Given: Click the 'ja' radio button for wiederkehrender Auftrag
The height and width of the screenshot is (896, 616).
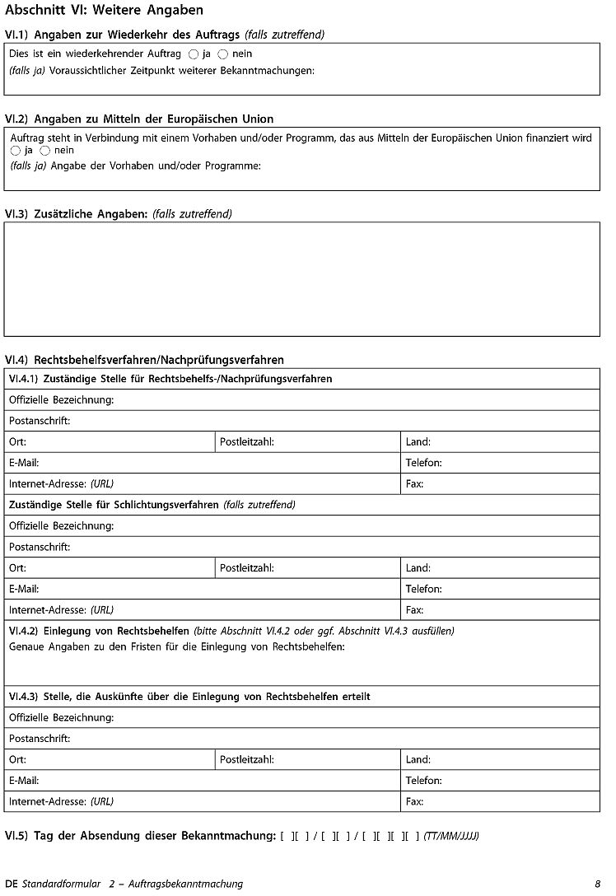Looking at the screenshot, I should click(x=194, y=54).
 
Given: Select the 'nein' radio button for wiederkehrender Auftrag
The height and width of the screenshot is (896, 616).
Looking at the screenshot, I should click(x=222, y=54).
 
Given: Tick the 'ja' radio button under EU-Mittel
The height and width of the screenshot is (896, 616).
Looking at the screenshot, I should click(x=16, y=152).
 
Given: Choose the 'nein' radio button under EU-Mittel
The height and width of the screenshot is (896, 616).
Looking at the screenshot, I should click(x=44, y=152).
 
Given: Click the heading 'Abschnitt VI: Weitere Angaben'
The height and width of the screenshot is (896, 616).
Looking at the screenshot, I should click(x=104, y=11).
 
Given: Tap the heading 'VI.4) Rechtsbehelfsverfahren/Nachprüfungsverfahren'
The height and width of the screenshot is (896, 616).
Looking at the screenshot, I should click(x=144, y=360).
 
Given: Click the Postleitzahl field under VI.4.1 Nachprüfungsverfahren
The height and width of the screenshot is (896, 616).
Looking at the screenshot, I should click(x=338, y=442).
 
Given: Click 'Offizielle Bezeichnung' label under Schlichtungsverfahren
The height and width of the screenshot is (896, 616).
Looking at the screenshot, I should click(x=61, y=526).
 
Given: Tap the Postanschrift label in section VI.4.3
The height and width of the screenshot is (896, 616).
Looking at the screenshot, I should click(x=40, y=739).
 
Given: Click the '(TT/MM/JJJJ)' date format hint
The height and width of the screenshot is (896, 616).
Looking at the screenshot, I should click(x=450, y=837).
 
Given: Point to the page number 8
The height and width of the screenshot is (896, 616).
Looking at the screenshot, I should click(x=598, y=884).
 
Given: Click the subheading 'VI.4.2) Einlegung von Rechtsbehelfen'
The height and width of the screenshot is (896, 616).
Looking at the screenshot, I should click(x=100, y=632).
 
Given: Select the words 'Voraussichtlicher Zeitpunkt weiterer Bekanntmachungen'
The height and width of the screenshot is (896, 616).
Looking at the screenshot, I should click(x=182, y=72).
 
